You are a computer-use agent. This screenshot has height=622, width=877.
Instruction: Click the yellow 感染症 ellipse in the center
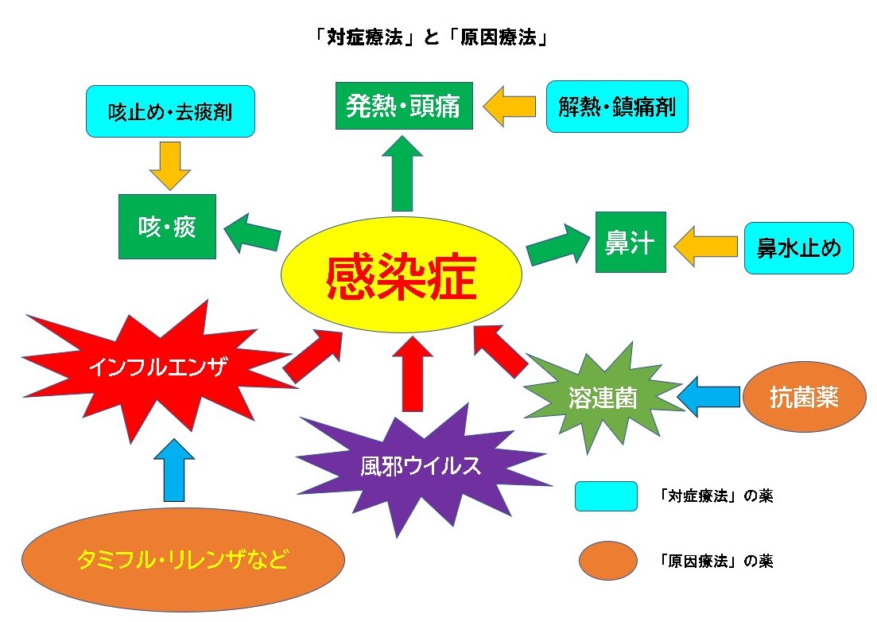402,275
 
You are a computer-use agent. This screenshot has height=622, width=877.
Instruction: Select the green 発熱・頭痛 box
404,105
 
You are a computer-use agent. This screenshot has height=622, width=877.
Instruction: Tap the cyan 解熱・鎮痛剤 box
617,106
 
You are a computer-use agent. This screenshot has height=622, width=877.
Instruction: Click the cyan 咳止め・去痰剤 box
170,111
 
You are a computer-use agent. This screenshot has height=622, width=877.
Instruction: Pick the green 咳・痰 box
167,227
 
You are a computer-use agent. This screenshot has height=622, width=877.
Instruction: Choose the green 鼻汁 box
631,243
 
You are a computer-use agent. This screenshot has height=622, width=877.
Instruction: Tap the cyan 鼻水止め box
798,248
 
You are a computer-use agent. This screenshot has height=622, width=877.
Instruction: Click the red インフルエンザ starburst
159,368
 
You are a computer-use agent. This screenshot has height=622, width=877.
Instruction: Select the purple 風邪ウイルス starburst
421,465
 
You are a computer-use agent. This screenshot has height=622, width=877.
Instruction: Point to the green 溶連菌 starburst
603,397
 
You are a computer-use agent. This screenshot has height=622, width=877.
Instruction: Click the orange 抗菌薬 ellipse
804,397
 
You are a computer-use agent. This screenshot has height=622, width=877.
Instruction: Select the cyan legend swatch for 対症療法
606,496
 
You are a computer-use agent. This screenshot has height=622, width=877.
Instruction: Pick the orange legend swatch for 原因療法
607,561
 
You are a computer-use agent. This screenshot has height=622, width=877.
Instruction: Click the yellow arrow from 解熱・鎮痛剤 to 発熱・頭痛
509,106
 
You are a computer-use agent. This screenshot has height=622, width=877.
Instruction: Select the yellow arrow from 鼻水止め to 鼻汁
705,245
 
